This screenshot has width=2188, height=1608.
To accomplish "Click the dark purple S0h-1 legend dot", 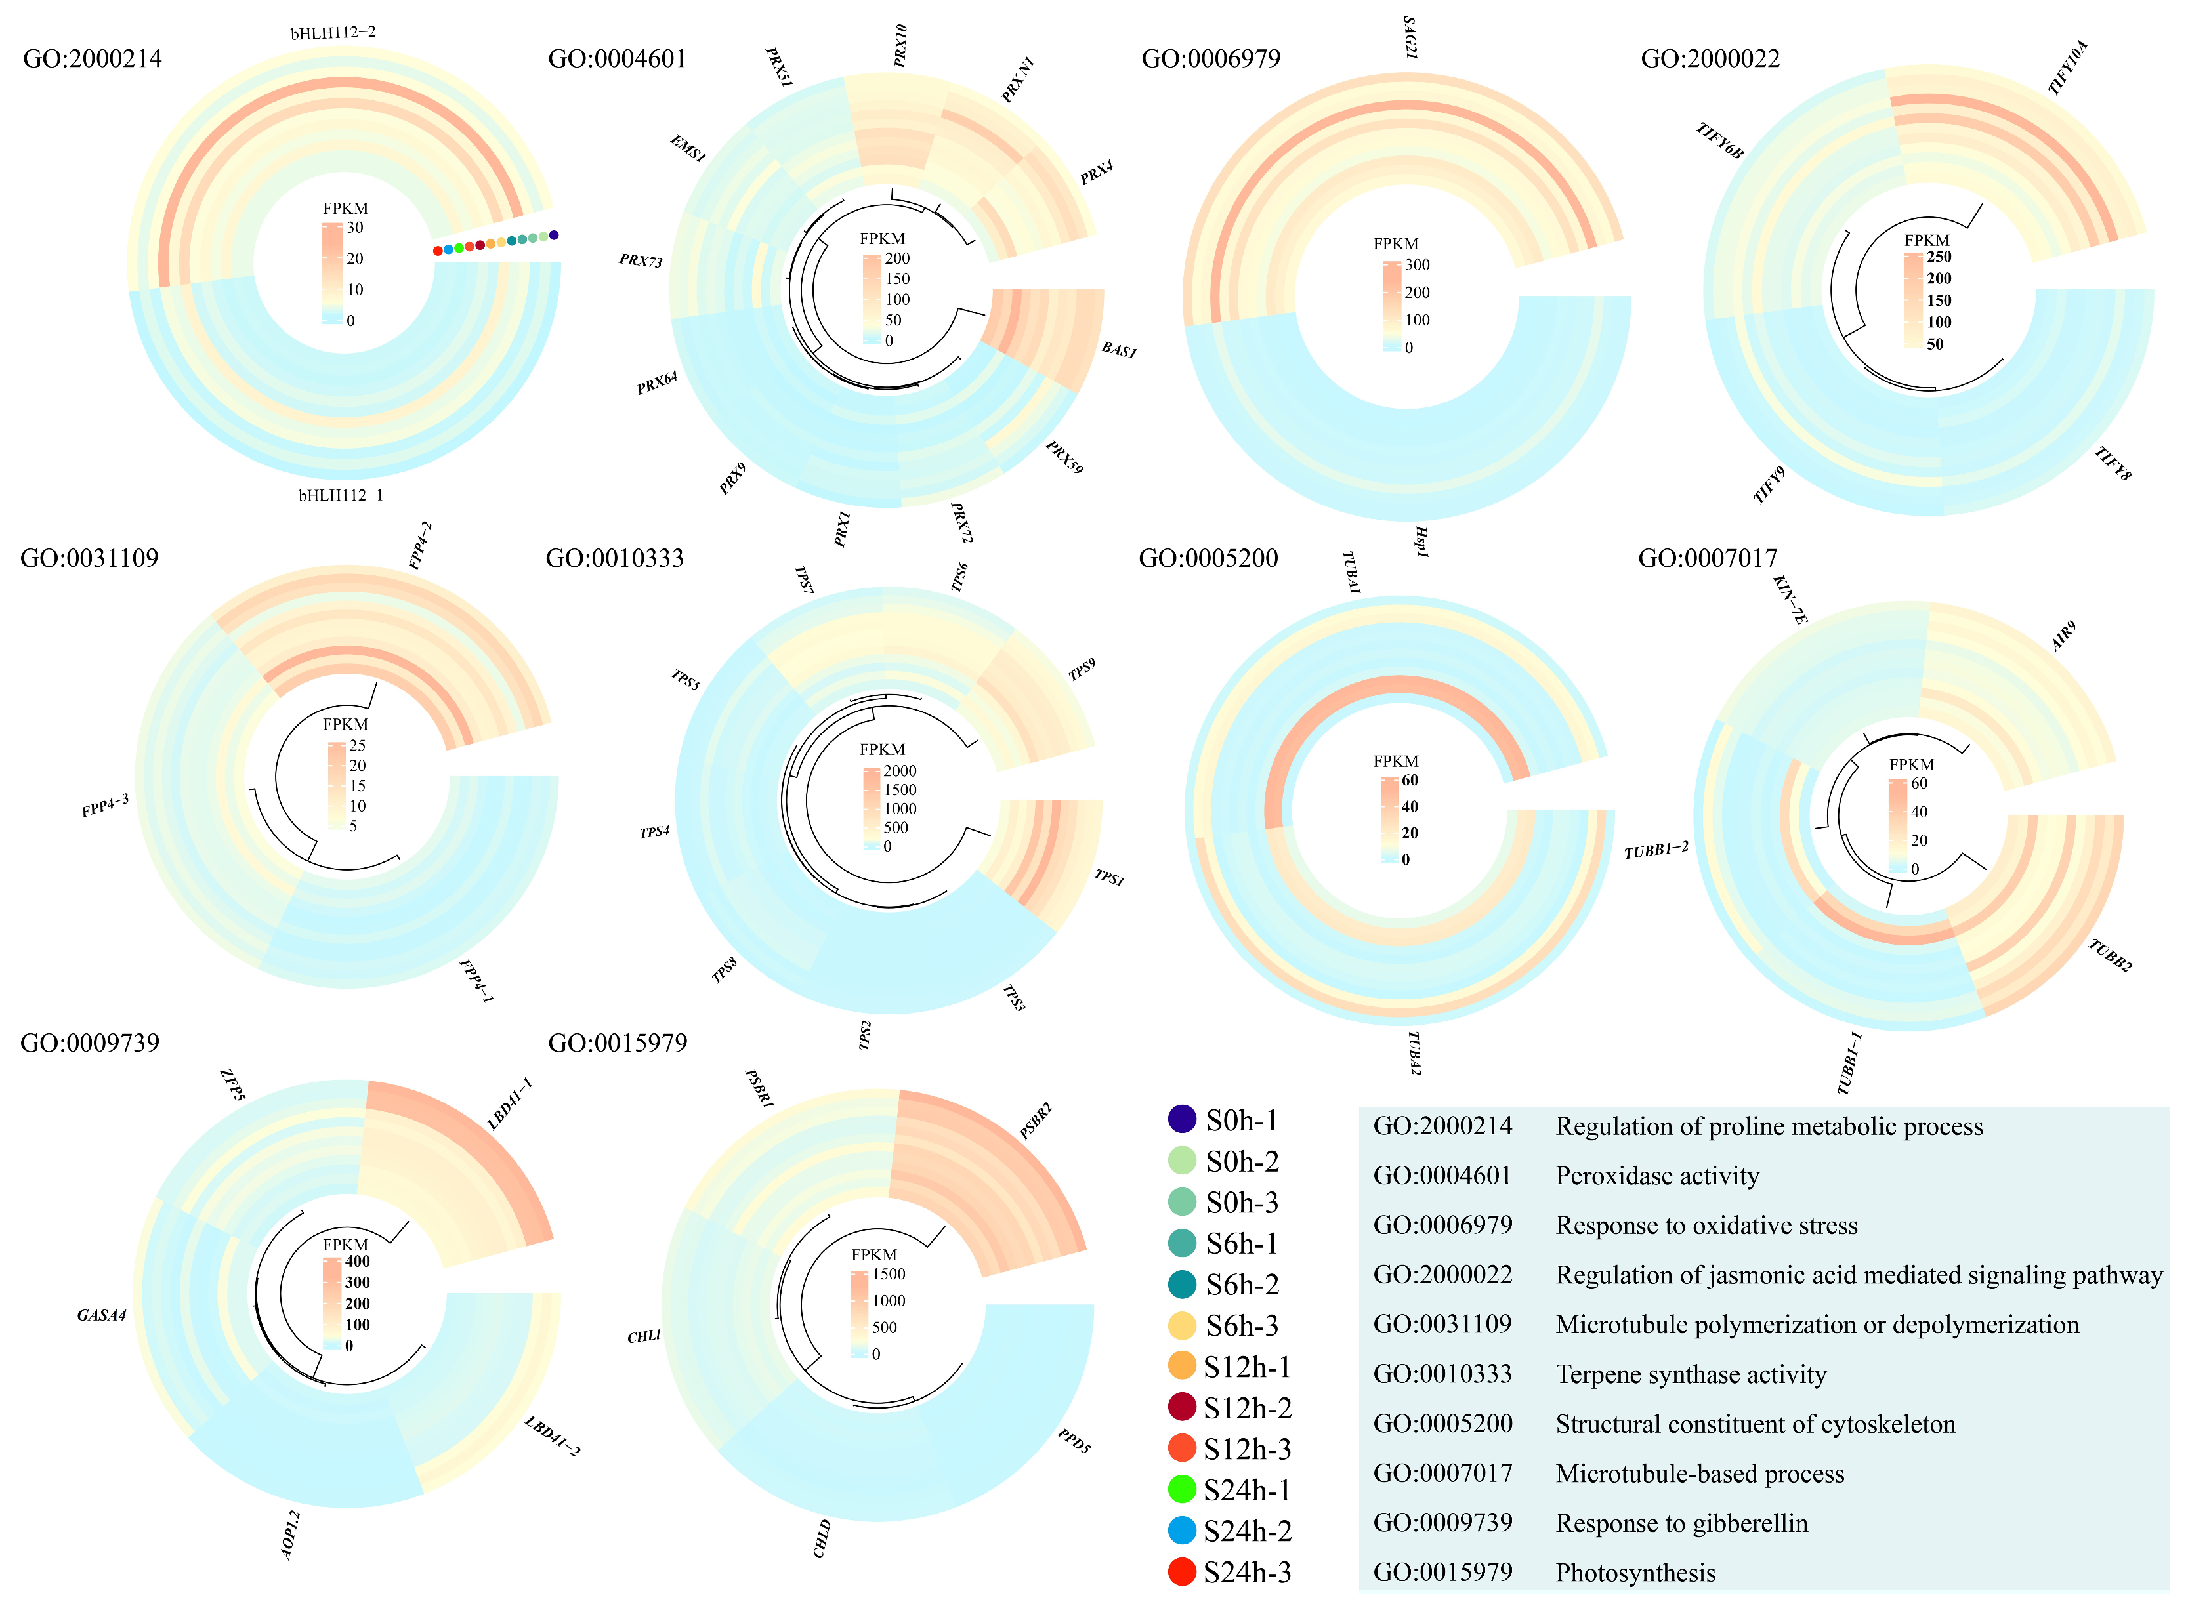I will pyautogui.click(x=1181, y=1119).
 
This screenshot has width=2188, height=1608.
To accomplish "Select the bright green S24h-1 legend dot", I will pyautogui.click(x=1181, y=1489).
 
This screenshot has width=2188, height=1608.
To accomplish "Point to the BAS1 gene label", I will pyautogui.click(x=1119, y=350).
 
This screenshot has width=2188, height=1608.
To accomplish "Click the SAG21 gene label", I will pyautogui.click(x=1410, y=37).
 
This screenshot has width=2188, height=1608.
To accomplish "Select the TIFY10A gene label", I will pyautogui.click(x=2067, y=67).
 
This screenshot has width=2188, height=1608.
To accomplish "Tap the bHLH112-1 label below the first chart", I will pyautogui.click(x=340, y=495).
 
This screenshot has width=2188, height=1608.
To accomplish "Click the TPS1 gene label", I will pyautogui.click(x=1109, y=877).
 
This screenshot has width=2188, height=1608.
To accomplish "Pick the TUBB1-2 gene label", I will pyautogui.click(x=1655, y=850).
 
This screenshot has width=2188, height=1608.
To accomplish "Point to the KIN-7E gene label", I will pyautogui.click(x=1790, y=600).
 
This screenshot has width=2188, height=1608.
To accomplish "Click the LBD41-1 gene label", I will pyautogui.click(x=509, y=1103).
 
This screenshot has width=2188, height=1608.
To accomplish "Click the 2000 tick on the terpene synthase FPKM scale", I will pyautogui.click(x=900, y=770).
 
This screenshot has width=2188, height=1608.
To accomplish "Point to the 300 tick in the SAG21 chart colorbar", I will pyautogui.click(x=1417, y=265).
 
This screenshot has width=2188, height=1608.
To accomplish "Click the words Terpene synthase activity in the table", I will pyautogui.click(x=1691, y=1374).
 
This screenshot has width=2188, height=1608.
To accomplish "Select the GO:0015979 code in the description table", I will pyautogui.click(x=1442, y=1572).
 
